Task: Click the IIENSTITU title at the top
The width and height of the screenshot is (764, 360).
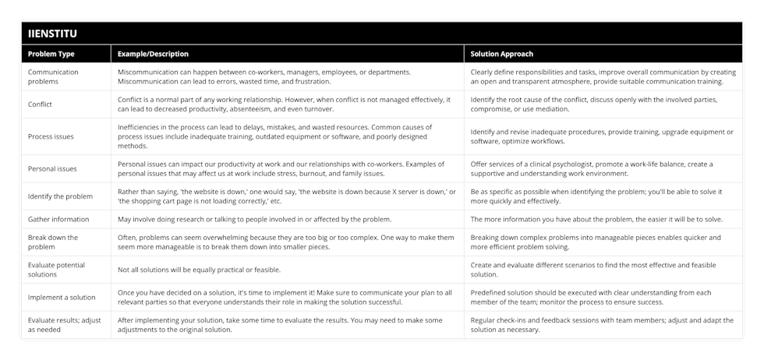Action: [53, 34]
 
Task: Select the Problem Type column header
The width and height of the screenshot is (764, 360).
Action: [52, 55]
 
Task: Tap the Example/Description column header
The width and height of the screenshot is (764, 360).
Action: [153, 55]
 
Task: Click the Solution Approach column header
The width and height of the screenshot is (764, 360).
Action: [502, 55]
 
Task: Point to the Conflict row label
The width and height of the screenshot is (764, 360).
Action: [41, 104]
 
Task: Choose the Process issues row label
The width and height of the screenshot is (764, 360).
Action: [51, 136]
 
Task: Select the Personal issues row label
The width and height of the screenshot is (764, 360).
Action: [52, 168]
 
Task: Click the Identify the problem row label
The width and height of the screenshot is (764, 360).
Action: [61, 196]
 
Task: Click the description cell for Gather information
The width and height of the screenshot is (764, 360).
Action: [254, 220]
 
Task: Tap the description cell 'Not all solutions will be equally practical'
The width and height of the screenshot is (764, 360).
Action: [199, 270]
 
